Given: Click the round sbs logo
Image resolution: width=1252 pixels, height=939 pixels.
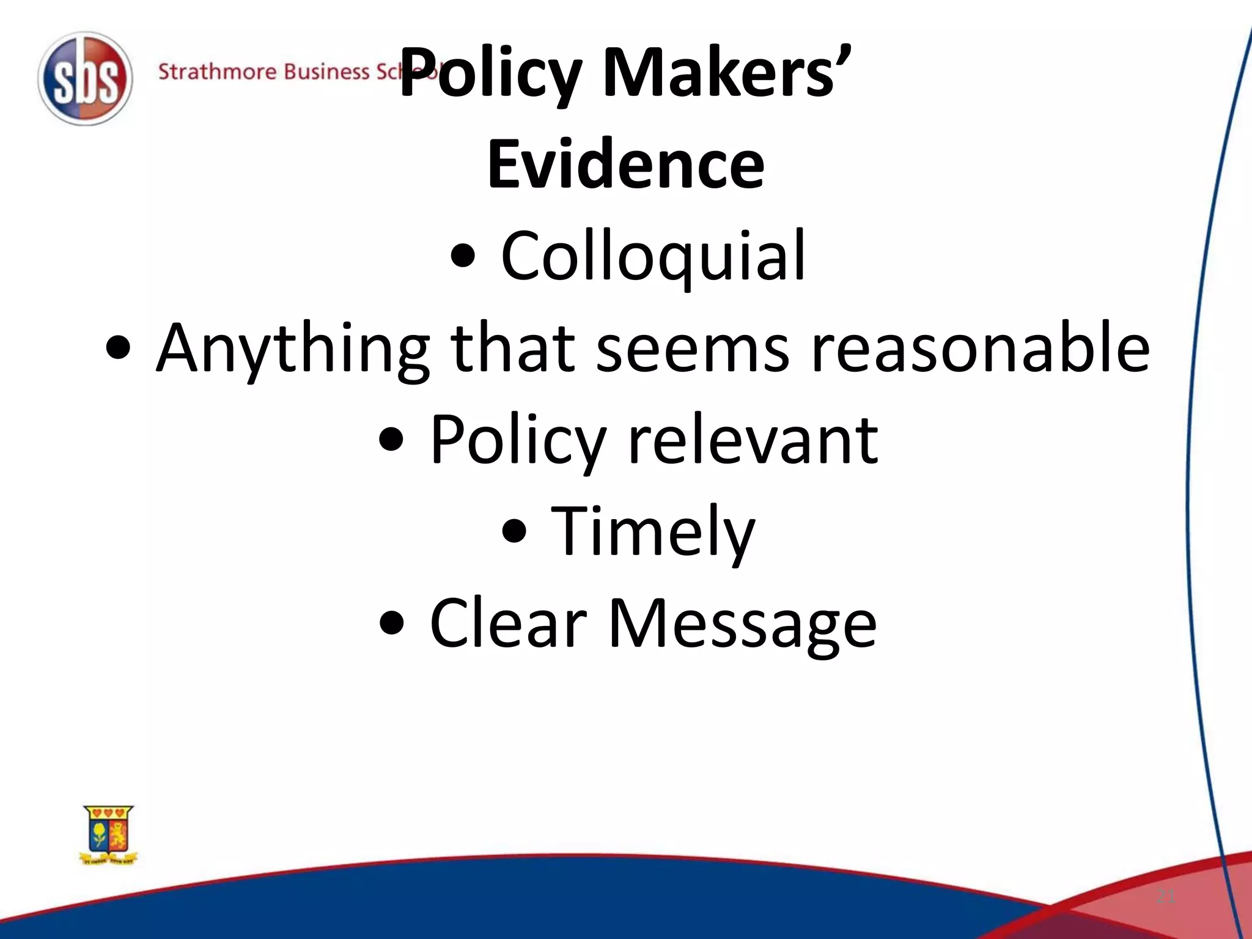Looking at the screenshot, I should [x=85, y=79].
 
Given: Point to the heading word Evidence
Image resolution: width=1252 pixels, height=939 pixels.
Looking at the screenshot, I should [x=625, y=164].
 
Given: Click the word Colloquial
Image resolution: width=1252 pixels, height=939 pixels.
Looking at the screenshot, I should [x=653, y=257].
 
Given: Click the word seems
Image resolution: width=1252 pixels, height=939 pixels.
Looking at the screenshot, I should [x=692, y=348].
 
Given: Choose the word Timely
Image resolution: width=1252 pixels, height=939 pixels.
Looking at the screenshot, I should [x=653, y=532].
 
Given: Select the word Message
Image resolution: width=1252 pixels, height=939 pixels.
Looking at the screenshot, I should [x=742, y=624].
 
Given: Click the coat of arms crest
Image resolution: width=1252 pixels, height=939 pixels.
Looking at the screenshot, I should [x=109, y=834].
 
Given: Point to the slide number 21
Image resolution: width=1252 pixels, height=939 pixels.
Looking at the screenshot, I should [x=1165, y=897].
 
